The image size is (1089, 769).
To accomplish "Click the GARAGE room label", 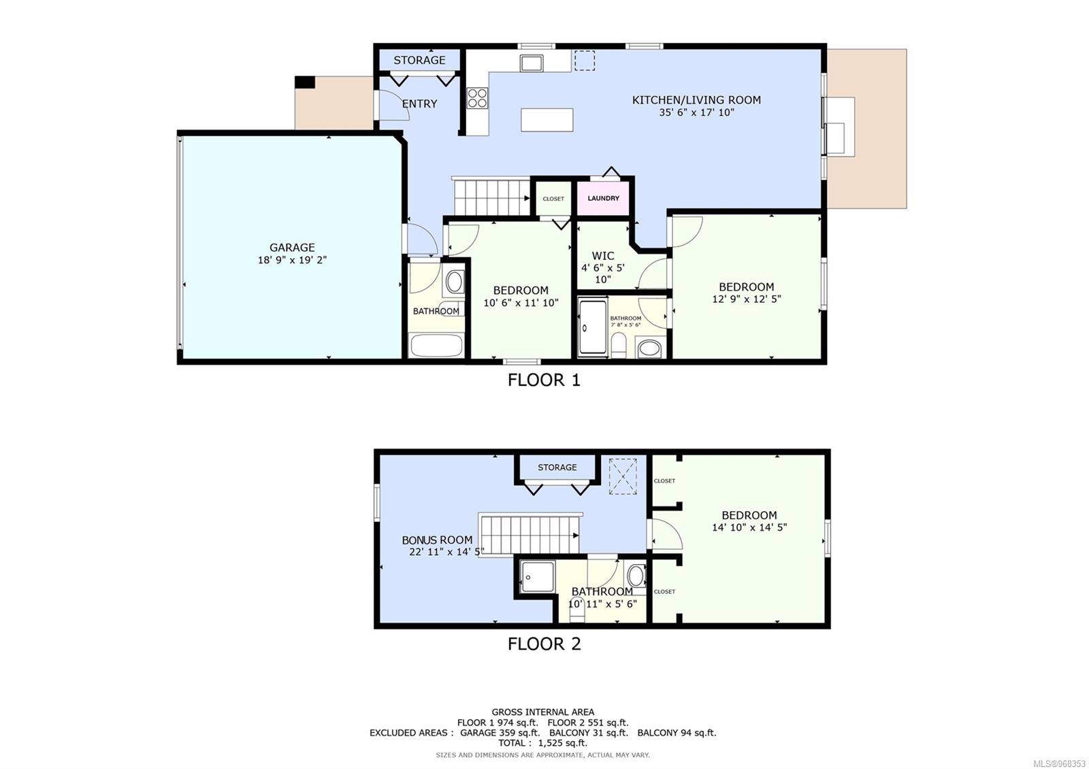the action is click(x=292, y=248).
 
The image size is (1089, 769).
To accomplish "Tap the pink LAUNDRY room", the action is click(x=603, y=198).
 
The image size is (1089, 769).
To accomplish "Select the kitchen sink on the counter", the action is click(x=532, y=63).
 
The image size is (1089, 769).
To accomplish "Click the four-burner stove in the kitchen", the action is click(x=477, y=98).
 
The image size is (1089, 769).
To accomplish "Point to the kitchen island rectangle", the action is click(x=547, y=120).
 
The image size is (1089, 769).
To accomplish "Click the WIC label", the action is click(x=603, y=256).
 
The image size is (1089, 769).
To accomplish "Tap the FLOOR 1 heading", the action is click(x=544, y=380).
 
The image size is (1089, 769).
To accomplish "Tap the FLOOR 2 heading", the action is click(x=544, y=644).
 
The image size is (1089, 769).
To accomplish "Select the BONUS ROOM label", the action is click(x=437, y=540).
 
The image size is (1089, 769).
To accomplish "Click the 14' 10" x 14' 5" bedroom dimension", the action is click(x=749, y=527).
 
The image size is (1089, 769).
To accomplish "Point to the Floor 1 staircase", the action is click(x=491, y=197).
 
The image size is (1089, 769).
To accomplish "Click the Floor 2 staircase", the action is click(x=530, y=535).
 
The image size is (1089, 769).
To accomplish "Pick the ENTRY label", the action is click(x=419, y=103).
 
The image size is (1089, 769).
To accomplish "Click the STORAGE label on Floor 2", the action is click(x=557, y=467).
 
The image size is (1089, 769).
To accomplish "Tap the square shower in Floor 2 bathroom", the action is click(x=538, y=577).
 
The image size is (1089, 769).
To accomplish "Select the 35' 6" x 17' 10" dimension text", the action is click(x=696, y=112).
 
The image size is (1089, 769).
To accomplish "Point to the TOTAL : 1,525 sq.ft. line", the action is click(x=542, y=742).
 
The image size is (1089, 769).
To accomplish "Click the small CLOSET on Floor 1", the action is click(x=553, y=198).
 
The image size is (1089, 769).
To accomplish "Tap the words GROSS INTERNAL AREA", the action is click(x=542, y=712).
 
